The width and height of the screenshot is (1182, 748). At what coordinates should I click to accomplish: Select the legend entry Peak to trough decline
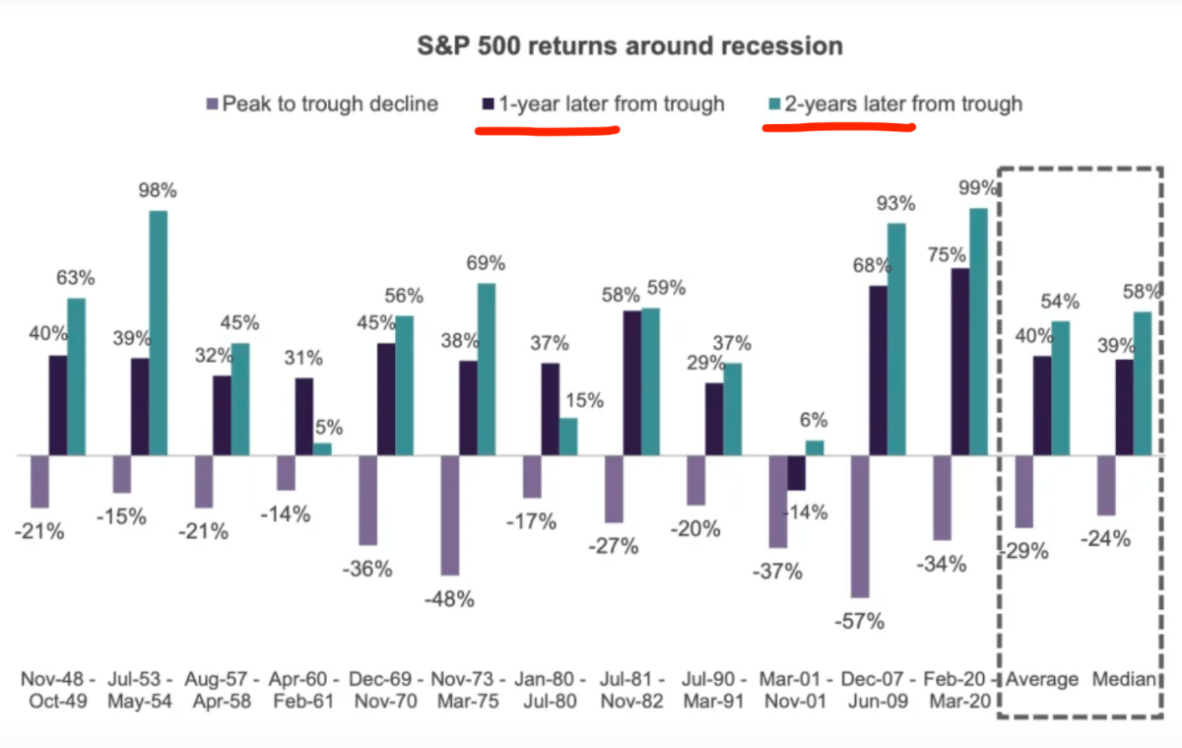330,104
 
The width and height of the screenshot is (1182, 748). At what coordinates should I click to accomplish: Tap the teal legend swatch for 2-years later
773,104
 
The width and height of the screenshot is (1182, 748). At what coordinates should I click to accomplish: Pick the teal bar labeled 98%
158,333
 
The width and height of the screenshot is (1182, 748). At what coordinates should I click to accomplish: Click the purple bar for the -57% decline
860,526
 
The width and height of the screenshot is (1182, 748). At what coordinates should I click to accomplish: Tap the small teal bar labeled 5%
322,449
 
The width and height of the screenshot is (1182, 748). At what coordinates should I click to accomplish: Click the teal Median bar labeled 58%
1142,383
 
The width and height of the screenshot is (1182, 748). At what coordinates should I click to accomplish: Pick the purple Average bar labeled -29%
1023,492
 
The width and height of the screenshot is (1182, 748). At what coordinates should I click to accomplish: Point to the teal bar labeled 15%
567,437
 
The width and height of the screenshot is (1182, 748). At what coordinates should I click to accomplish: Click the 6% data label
814,419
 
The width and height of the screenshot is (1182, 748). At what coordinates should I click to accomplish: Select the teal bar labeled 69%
486,370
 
